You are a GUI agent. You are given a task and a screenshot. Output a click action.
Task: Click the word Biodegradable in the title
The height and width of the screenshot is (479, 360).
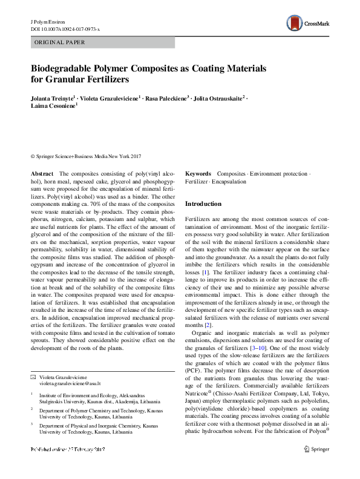62,69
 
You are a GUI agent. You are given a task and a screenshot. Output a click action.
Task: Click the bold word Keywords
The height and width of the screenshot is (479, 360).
198,174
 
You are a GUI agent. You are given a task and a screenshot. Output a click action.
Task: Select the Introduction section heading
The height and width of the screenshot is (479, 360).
203,204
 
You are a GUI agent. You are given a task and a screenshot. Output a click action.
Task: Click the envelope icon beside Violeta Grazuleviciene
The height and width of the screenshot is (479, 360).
33,377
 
